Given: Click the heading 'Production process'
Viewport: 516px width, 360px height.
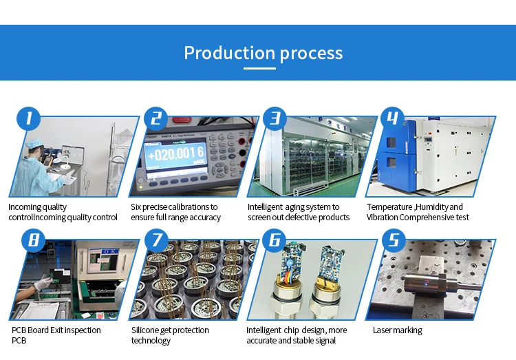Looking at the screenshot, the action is pos(264,52).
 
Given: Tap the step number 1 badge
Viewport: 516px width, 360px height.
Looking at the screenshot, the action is pos(28,118).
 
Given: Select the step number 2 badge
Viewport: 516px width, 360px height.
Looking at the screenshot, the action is pos(156,118).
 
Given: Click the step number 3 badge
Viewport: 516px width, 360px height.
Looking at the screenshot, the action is pos(275,118).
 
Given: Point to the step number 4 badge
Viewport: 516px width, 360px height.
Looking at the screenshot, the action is pos(393,118).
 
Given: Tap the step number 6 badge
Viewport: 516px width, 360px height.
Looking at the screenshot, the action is pos(275,241).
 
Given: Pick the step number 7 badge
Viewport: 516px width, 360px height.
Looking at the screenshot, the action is pos(156,241).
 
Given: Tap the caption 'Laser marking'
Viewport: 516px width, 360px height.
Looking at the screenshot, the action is pos(397,330).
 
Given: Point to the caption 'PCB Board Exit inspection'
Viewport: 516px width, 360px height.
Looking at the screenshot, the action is pos(56,330).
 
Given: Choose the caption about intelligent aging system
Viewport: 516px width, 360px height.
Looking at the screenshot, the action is pos(298,212).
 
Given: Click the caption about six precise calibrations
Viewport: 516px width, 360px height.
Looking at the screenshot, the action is pos(175,212).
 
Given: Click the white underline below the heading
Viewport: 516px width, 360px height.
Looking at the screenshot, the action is pos(264,68).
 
